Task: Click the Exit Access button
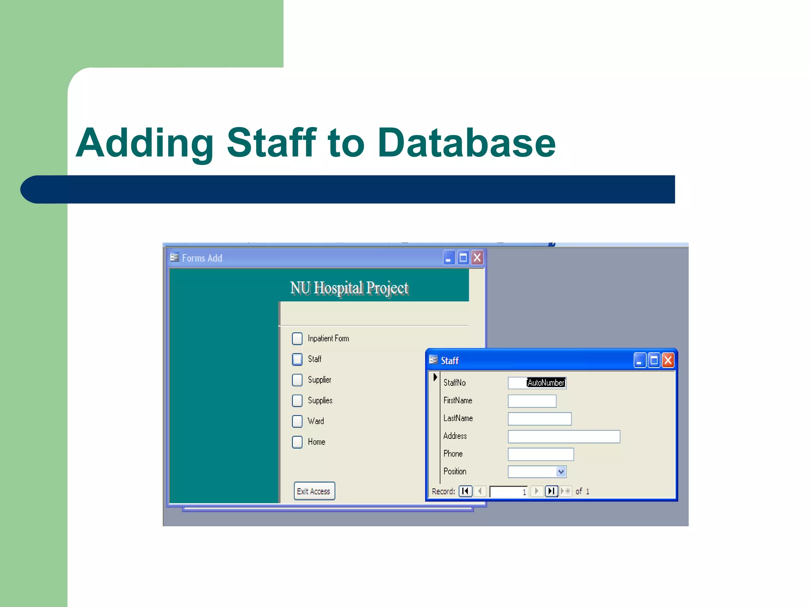(314, 491)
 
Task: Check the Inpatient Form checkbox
(297, 338)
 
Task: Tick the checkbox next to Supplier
(297, 380)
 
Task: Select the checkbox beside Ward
(297, 421)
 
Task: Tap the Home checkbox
(297, 442)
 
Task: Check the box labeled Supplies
(297, 400)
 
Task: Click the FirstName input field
(532, 401)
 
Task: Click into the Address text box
(564, 437)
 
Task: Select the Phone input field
(540, 454)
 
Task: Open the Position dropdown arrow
(561, 472)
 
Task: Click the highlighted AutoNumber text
(546, 383)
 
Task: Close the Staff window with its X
(668, 360)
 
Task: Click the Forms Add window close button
(477, 258)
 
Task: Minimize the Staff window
(640, 360)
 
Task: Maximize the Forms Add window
(463, 258)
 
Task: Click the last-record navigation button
(551, 491)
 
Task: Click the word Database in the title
(466, 143)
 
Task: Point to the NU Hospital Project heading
(349, 288)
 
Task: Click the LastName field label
(458, 418)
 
